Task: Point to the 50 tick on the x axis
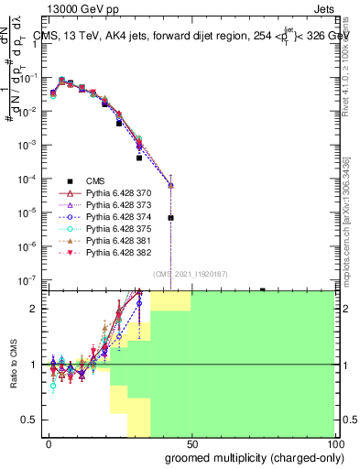click(x=192, y=443)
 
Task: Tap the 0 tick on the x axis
click(x=49, y=443)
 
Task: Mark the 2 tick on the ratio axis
click(x=31, y=309)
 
